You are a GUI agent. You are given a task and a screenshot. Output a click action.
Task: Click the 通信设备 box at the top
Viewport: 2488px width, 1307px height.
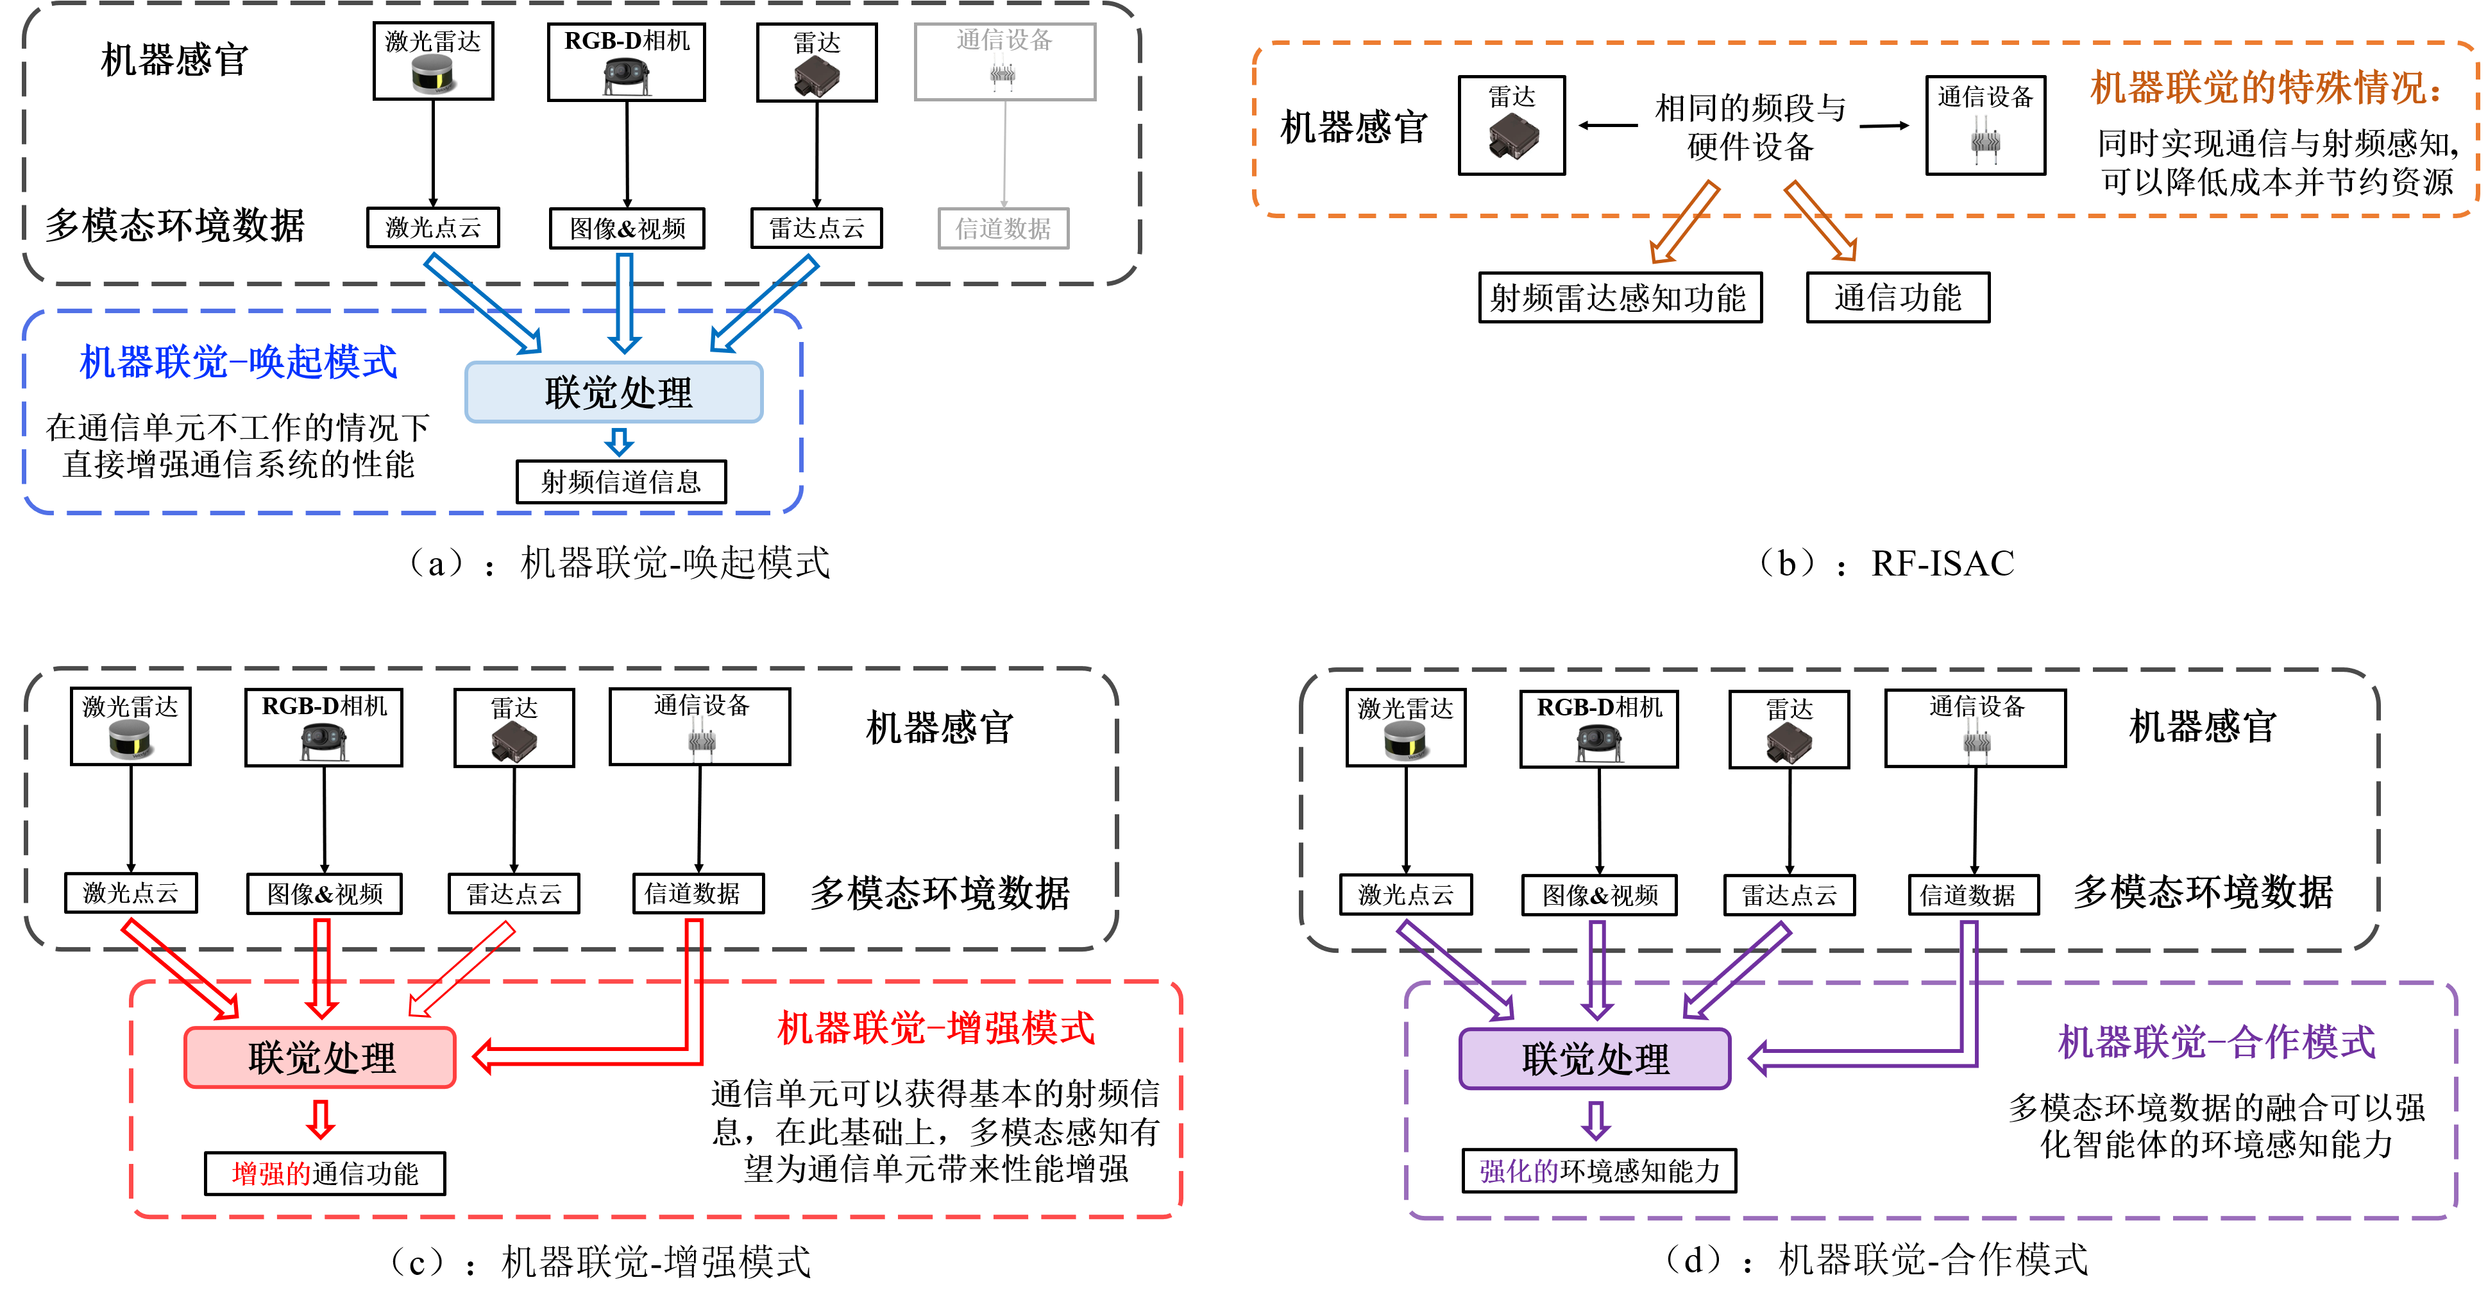click(x=1004, y=61)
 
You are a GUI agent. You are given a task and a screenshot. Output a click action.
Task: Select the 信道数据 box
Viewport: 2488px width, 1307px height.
click(x=1004, y=229)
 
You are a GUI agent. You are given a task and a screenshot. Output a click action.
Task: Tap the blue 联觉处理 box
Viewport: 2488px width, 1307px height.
click(x=614, y=392)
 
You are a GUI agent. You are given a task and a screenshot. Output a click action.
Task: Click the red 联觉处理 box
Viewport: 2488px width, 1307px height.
click(x=319, y=1058)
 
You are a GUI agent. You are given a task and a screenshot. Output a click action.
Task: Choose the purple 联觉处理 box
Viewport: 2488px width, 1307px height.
click(x=1595, y=1059)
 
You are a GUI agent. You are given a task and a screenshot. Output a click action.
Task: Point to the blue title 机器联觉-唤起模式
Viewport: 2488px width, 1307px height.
click(x=237, y=363)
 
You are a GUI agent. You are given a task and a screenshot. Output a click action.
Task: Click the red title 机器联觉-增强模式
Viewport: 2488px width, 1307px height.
click(x=935, y=1028)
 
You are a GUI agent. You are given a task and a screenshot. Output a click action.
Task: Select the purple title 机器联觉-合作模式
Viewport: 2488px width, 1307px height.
click(x=2215, y=1041)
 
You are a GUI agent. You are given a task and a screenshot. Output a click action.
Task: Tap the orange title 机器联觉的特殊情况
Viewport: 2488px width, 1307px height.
click(x=2265, y=88)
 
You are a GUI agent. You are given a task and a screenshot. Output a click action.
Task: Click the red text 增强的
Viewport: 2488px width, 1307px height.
click(x=271, y=1174)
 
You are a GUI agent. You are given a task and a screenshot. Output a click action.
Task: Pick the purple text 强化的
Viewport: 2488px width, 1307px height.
click(x=1518, y=1171)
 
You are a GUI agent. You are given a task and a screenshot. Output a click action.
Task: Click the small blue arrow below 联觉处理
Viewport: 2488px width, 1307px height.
click(x=619, y=443)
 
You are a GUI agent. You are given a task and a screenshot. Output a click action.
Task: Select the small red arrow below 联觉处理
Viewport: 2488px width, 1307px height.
click(x=321, y=1120)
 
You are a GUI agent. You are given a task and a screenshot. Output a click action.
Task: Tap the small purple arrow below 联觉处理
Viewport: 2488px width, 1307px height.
click(x=1596, y=1120)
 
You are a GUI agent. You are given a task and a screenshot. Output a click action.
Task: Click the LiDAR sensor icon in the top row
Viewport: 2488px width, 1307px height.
click(x=434, y=74)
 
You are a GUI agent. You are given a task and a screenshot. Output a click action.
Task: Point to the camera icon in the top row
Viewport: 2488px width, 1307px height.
click(x=627, y=76)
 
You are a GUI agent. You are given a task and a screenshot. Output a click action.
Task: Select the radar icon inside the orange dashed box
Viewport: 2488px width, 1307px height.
click(x=1514, y=136)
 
